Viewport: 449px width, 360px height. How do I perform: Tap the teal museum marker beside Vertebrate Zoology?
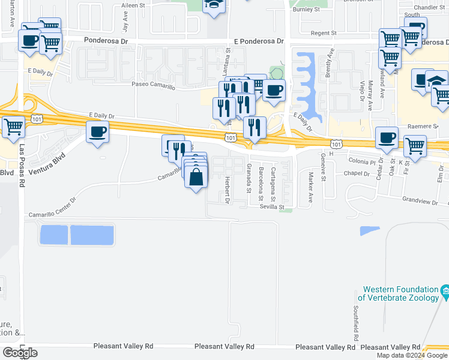[x=445, y=293]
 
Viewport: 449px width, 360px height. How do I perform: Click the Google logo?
[x=20, y=353]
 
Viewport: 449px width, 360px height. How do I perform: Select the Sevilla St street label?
[x=271, y=206]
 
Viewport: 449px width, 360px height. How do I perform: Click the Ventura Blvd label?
[x=46, y=161]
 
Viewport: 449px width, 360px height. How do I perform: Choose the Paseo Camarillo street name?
[x=154, y=87]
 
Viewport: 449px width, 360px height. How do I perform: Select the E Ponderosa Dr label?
[x=259, y=41]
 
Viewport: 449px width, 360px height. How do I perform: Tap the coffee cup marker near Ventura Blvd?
[x=97, y=131]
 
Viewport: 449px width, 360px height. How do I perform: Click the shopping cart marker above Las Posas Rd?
[x=13, y=126]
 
